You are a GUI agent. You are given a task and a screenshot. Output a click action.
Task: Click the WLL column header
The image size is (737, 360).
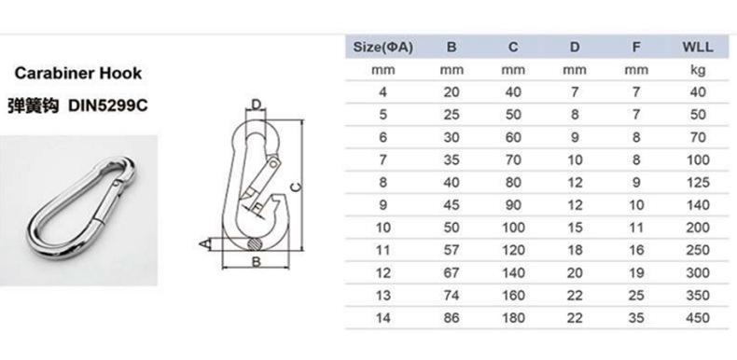(698, 47)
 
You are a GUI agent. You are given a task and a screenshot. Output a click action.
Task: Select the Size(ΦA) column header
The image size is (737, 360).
(383, 47)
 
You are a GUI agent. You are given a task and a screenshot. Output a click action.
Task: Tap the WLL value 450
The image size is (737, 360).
(698, 318)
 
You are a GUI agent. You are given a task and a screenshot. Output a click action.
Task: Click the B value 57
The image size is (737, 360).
(452, 250)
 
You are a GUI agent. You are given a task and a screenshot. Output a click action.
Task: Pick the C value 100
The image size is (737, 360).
(513, 228)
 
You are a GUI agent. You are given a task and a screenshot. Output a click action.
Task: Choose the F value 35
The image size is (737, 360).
(636, 318)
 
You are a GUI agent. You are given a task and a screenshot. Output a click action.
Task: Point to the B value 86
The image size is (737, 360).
(452, 318)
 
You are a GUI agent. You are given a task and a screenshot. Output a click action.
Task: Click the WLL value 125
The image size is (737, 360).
(698, 183)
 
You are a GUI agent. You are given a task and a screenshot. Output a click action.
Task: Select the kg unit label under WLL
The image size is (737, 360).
(698, 71)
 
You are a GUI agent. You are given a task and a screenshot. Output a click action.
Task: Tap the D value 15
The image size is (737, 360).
(575, 228)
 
